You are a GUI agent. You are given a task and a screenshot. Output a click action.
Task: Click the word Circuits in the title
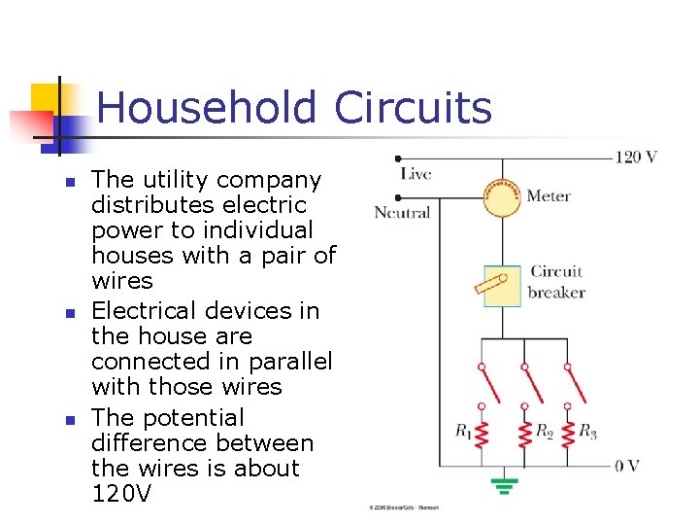(413, 108)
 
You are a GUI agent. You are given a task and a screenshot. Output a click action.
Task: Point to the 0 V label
(627, 466)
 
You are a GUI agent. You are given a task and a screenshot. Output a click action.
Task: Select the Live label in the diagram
(416, 174)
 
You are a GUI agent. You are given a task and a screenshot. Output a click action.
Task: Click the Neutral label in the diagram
(402, 213)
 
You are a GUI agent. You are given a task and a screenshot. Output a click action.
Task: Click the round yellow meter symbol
(503, 197)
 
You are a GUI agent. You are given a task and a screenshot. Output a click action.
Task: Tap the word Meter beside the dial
(549, 196)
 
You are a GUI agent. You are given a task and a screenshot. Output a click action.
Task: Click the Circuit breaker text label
(556, 281)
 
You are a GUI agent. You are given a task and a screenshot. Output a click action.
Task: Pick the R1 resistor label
(464, 431)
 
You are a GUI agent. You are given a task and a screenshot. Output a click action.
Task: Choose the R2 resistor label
(545, 431)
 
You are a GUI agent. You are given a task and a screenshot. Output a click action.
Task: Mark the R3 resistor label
(587, 431)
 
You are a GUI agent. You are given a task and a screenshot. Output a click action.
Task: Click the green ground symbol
(503, 483)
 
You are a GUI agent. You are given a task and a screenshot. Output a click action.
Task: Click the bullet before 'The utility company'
(69, 182)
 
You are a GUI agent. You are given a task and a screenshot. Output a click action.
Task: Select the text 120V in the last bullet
(121, 493)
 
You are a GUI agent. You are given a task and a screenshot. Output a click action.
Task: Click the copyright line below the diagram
(403, 508)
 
